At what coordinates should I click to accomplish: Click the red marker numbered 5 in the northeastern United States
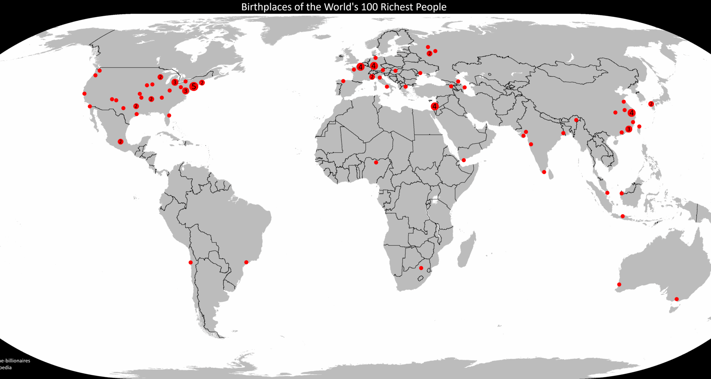193,87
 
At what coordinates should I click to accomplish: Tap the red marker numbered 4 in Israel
434,107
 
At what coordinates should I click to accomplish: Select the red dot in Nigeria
376,162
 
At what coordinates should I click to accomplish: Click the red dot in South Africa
421,268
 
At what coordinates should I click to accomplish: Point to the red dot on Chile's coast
190,262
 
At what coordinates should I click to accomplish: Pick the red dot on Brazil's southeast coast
246,262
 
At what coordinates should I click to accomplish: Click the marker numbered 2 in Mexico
120,142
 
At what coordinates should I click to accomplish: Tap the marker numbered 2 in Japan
651,104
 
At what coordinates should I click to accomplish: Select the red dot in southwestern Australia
619,285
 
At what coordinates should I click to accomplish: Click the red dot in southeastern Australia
677,299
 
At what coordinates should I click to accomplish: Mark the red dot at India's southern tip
544,172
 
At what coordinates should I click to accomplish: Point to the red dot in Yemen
464,160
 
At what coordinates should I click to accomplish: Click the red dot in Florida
169,115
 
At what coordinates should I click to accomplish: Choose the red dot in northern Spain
343,81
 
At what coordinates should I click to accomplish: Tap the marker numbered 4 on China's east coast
631,113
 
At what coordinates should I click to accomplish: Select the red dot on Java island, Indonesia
623,216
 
